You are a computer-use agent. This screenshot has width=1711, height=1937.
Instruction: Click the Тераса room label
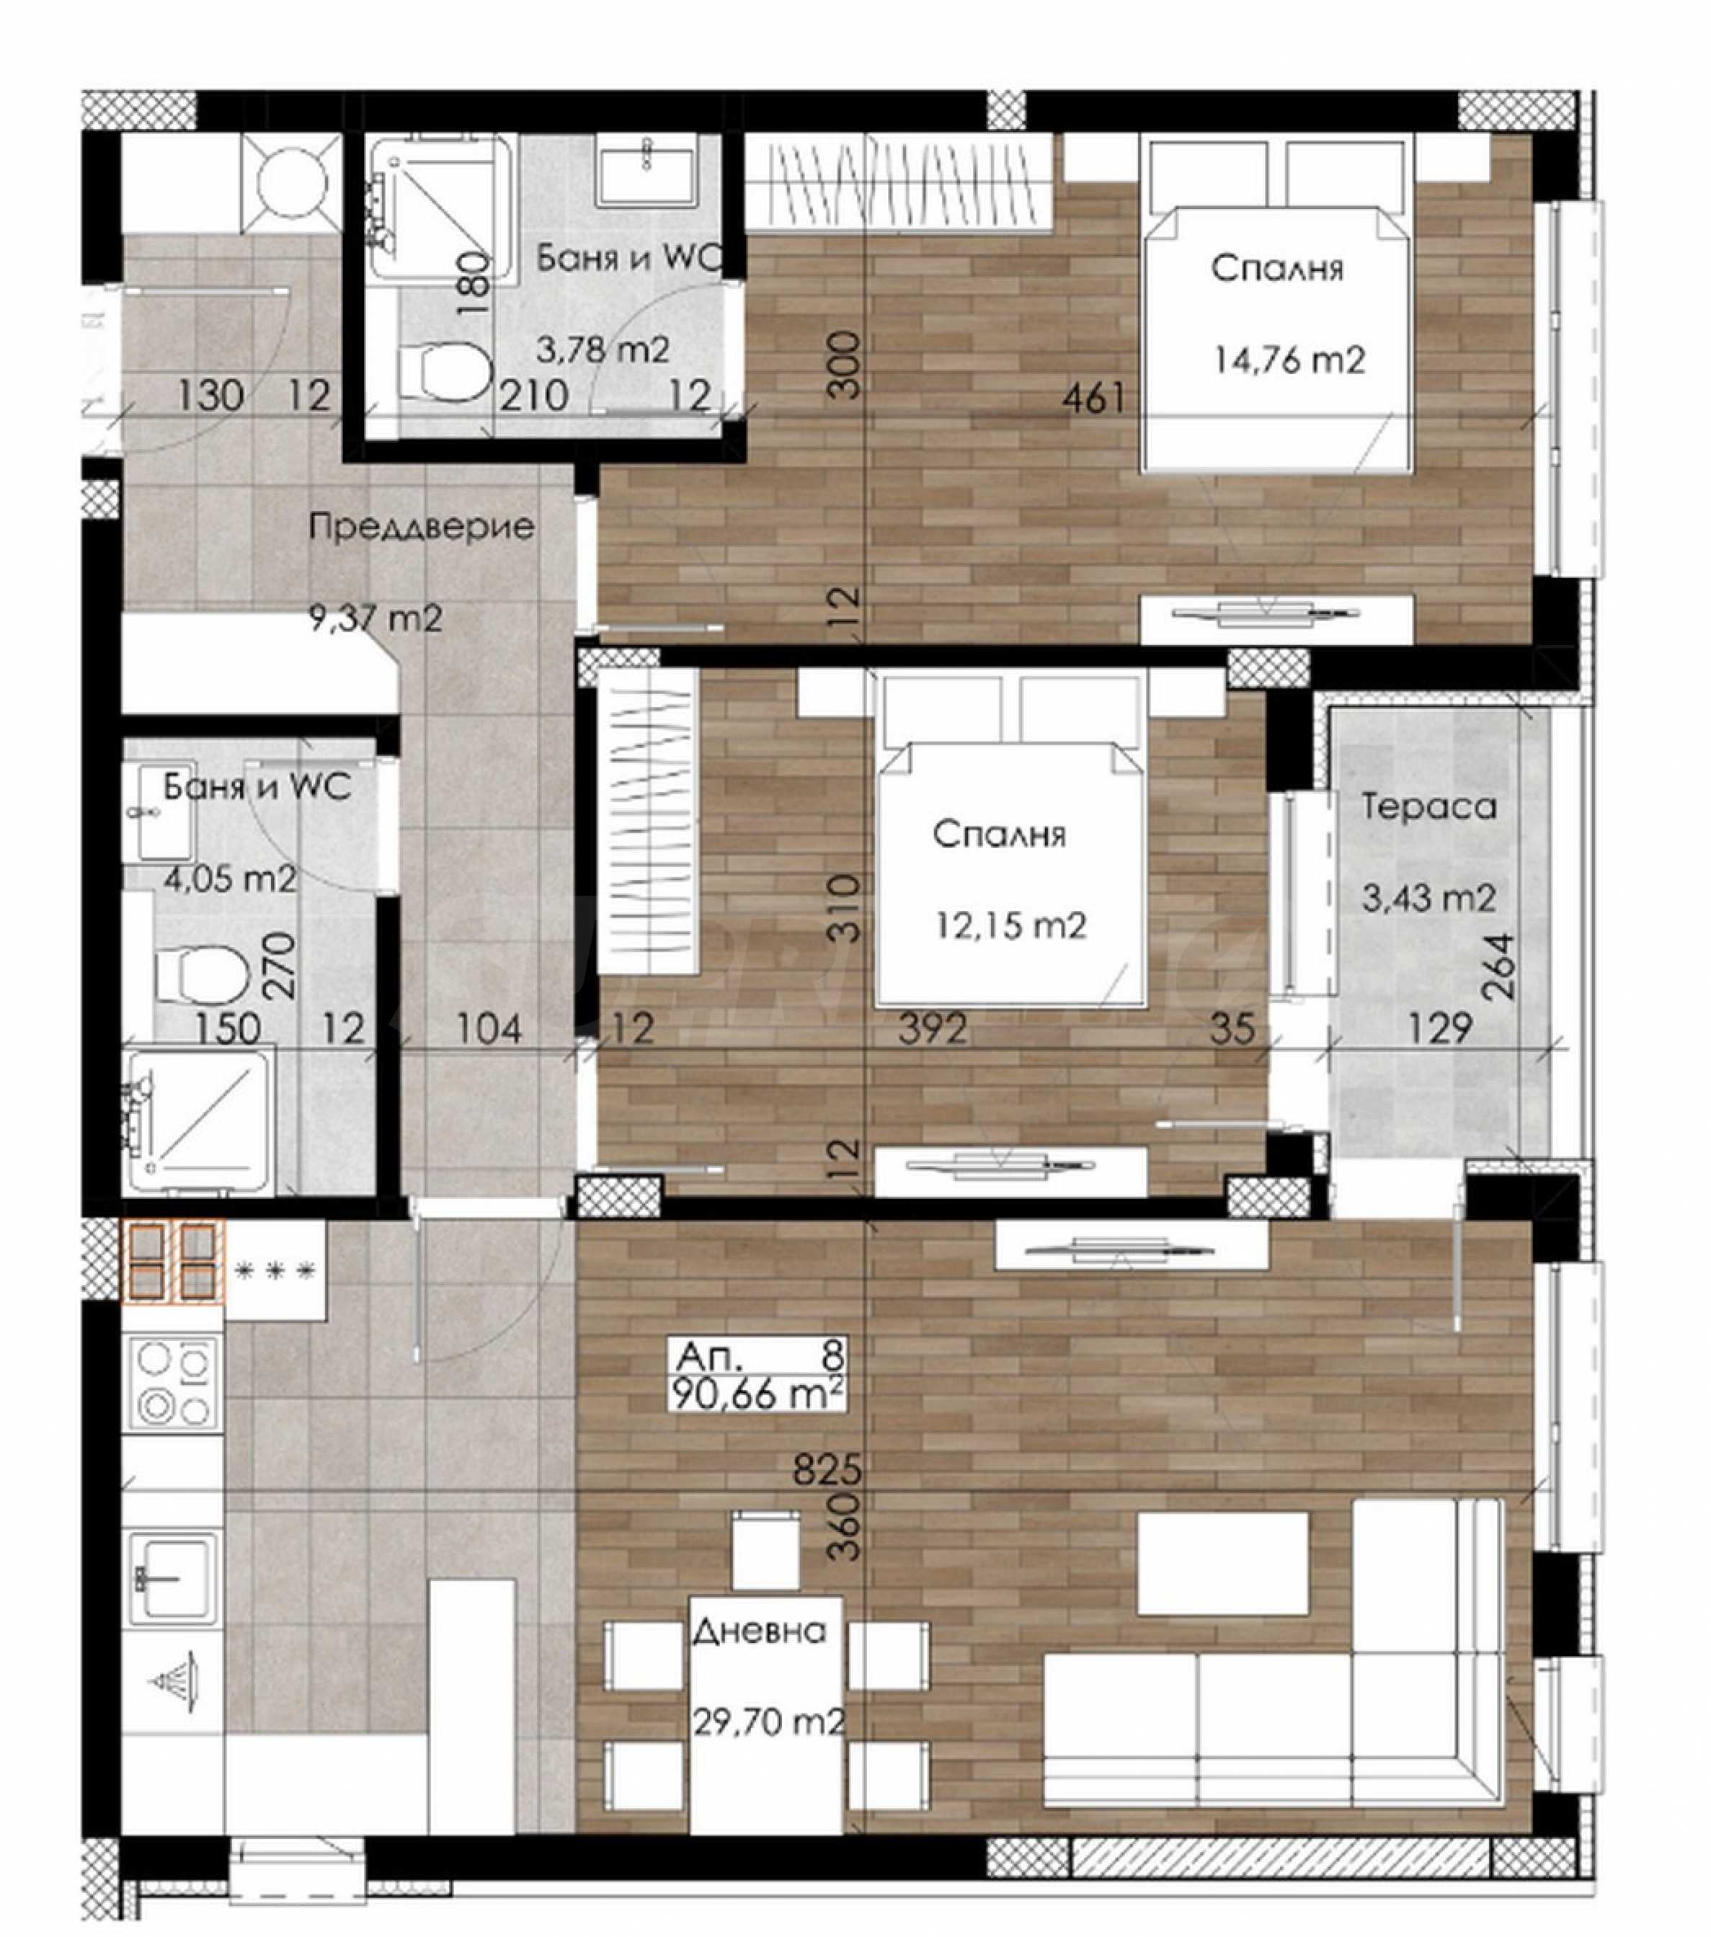point(1428,807)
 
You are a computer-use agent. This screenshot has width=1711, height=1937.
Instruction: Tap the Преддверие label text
point(422,527)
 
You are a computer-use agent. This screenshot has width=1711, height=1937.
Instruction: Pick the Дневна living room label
point(759,1631)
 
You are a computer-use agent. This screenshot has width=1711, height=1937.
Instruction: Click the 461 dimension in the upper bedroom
point(1093,398)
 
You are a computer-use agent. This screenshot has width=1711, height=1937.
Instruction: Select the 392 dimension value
point(933,1029)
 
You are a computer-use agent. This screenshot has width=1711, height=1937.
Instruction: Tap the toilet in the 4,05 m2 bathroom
point(202,974)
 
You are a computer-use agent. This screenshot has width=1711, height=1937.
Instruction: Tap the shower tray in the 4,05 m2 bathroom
point(199,1120)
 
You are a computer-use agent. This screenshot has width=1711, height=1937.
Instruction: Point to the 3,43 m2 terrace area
point(1428,897)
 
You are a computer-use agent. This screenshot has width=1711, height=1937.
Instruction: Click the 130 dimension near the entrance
point(210,395)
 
